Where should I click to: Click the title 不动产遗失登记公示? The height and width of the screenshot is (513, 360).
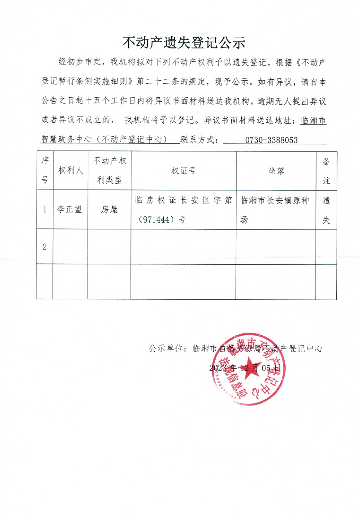click(184, 43)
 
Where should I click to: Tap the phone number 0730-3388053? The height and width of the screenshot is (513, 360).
click(271, 140)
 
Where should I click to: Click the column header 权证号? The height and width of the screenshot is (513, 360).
click(183, 171)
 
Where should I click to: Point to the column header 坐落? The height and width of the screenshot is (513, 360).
click(276, 171)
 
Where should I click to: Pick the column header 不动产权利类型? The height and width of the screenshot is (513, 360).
click(109, 171)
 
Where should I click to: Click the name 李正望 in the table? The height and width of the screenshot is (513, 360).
click(69, 209)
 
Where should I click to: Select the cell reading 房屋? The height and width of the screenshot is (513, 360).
click(109, 209)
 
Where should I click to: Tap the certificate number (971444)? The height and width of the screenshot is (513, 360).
click(159, 220)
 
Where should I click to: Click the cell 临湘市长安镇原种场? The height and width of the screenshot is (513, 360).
click(276, 210)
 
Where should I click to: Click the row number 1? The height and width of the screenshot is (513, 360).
click(45, 209)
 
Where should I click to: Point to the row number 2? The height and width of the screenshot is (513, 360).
click(45, 246)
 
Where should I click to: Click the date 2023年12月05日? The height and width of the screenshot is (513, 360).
click(245, 368)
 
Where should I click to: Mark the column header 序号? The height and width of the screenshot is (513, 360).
click(45, 171)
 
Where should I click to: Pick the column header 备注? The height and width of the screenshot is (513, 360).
click(326, 171)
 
